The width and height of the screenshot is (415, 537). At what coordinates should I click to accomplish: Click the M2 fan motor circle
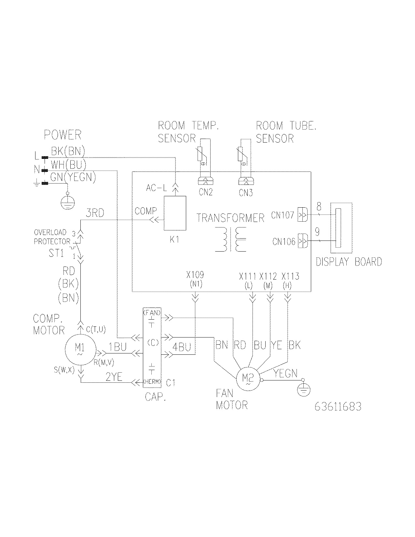click(x=248, y=379)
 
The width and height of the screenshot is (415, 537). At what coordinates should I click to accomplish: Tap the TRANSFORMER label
click(x=230, y=218)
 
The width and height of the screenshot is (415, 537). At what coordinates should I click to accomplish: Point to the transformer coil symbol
click(x=231, y=240)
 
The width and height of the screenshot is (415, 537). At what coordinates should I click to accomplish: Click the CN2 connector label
click(x=206, y=192)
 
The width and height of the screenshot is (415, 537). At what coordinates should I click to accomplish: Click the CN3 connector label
click(x=246, y=193)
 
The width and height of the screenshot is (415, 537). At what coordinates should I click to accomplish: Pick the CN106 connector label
click(x=284, y=242)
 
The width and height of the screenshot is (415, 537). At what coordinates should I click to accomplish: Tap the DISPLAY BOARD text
click(x=349, y=262)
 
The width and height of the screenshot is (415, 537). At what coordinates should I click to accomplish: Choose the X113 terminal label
click(x=290, y=276)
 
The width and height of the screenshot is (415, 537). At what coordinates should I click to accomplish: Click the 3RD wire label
click(x=95, y=213)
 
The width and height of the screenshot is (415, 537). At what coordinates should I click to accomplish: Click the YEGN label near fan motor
click(x=285, y=374)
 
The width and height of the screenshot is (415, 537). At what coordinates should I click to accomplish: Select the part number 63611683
click(x=338, y=406)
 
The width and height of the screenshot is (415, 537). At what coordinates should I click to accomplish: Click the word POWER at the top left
click(x=62, y=135)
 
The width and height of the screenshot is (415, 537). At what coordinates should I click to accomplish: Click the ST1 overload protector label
click(x=56, y=253)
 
